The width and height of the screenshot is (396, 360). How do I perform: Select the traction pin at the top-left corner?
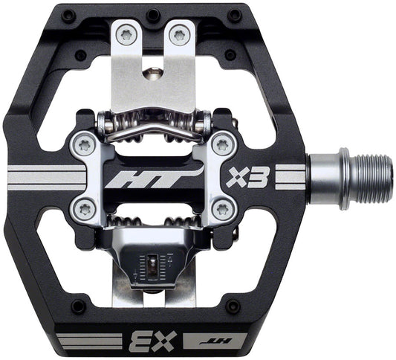coord(69,15)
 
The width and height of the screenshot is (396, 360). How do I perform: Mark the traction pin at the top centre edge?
coord(154,14)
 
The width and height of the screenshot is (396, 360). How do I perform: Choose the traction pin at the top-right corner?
coord(235,15)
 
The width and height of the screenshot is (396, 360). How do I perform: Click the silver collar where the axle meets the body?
coord(323,178)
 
